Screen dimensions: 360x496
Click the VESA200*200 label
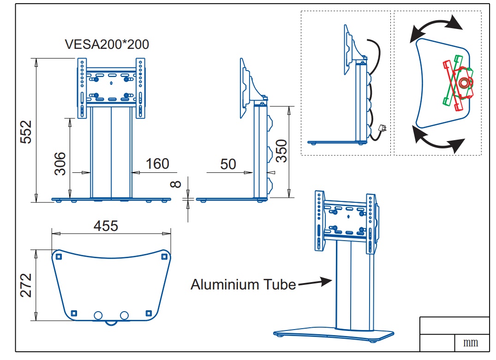107,44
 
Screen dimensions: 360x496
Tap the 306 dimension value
60,164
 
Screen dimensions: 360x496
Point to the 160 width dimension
157,164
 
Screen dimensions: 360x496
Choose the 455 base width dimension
106,226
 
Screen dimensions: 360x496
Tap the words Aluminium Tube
243,284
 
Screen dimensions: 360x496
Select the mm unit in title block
471,343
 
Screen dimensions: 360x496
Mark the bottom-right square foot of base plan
148,313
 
